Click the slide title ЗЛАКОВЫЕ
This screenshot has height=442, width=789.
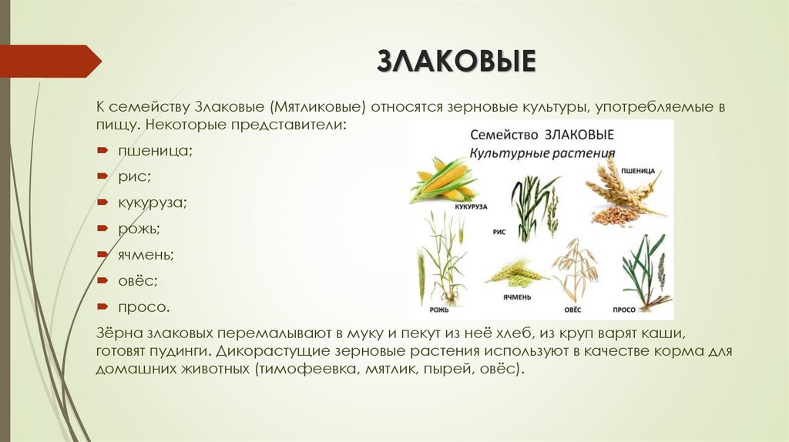tap(455, 61)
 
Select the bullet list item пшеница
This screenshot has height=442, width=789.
tap(154, 152)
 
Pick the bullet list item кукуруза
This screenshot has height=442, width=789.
tap(152, 203)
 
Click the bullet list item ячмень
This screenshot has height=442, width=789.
tap(146, 255)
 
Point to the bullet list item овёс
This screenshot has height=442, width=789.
tap(137, 281)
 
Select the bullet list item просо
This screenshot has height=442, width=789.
tap(143, 307)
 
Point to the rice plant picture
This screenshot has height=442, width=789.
tap(533, 206)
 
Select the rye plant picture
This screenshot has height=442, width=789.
tap(442, 258)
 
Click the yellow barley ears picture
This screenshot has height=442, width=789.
tap(515, 271)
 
